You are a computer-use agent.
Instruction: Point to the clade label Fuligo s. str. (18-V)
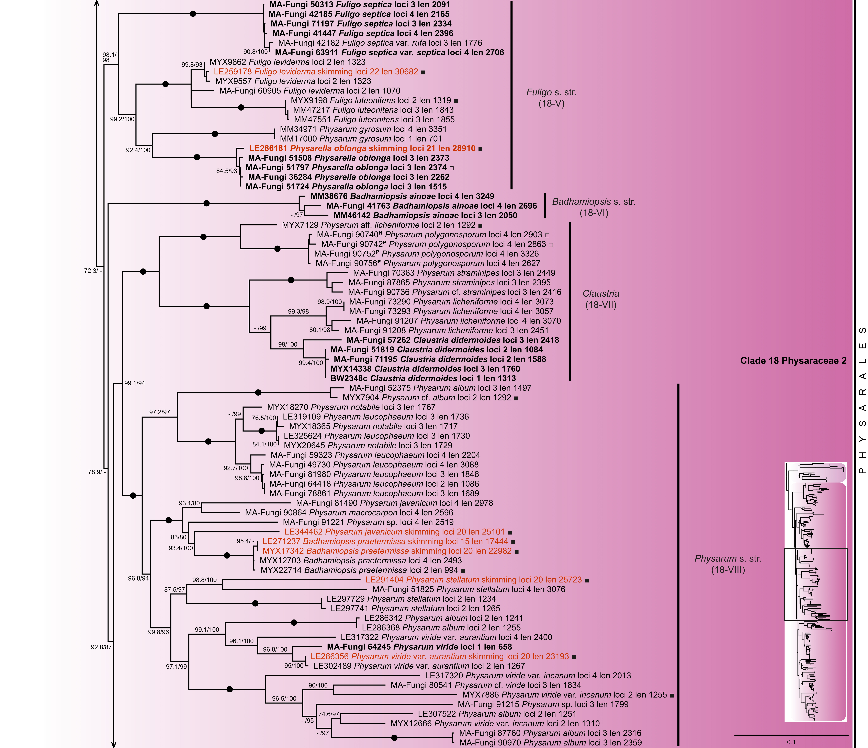tap(551, 98)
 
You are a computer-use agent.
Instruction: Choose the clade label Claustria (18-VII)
tap(601, 299)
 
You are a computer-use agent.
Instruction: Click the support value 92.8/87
tap(101, 647)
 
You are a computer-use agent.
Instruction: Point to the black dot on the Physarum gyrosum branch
tap(215, 134)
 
